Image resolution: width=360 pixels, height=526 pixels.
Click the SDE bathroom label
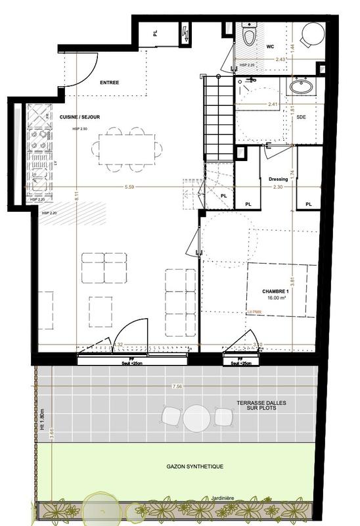301,117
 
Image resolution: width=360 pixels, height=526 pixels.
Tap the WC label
270,47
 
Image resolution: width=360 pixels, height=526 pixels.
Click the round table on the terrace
196,417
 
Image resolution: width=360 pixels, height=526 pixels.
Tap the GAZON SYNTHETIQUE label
194,466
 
